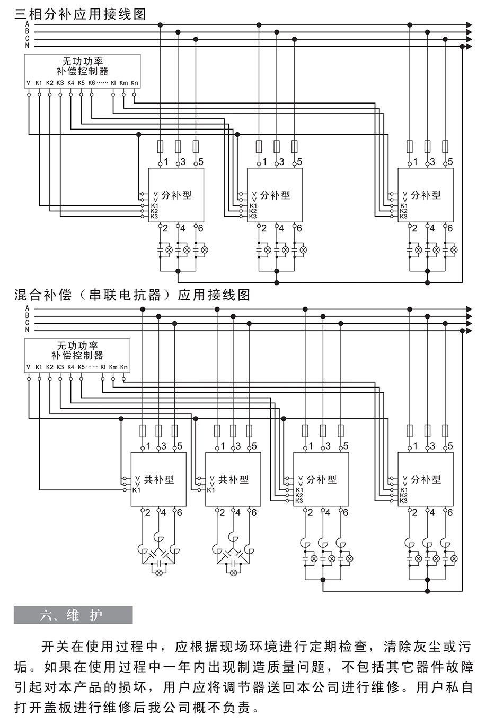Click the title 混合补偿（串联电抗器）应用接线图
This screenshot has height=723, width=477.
point(132,295)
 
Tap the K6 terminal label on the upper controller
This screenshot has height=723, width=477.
point(92,83)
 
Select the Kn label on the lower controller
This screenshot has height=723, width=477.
point(123,367)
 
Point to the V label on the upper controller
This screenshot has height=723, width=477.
point(28,83)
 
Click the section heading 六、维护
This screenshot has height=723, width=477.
point(73,615)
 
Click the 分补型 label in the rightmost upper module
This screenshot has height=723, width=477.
point(426,195)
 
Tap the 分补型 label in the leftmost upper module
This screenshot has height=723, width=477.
point(176,195)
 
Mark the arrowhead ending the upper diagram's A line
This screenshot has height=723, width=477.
point(469,24)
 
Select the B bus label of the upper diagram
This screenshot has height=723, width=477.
point(27,32)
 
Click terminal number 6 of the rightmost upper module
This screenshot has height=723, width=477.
point(450,228)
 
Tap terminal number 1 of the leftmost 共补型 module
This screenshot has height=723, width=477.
point(149,446)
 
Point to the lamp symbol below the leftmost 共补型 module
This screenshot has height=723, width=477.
point(157,573)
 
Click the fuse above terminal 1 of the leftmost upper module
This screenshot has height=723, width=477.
point(160,146)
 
